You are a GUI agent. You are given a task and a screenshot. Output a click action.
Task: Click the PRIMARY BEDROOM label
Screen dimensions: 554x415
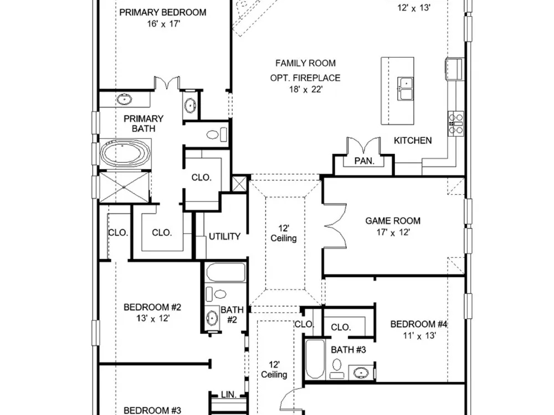coord(163,12)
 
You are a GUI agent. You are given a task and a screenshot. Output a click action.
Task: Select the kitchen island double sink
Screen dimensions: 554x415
coord(406,89)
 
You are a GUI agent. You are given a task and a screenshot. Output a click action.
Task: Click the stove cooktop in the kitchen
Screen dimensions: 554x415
coord(456,123)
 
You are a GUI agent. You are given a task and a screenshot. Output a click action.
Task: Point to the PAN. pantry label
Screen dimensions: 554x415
coord(365,161)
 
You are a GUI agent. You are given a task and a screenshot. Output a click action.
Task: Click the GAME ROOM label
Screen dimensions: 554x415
coord(393,221)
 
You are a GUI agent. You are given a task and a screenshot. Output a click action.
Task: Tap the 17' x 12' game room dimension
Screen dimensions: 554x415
coord(393,232)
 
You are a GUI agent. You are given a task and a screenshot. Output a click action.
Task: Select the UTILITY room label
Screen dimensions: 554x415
coord(225,236)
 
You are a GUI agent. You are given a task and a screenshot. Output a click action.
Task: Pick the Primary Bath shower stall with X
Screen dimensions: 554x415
coord(125,187)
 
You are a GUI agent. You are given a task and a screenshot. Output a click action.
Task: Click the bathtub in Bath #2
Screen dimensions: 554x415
coord(225,272)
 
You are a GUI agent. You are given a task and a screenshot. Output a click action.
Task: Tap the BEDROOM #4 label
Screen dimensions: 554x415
coord(419,324)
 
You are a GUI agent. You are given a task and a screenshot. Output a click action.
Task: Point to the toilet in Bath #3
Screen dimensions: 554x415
coord(337,369)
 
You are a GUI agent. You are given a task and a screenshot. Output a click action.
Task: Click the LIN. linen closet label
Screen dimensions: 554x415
coord(229,395)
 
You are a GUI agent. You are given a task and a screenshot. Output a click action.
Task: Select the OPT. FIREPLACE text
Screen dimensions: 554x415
coord(305,78)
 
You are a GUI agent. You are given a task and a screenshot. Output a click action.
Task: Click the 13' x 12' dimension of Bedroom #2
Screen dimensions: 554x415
coord(153,318)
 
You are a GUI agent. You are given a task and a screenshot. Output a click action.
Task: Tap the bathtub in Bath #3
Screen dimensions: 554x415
coord(315,359)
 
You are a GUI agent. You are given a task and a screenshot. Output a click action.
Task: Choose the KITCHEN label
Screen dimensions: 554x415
coord(413,141)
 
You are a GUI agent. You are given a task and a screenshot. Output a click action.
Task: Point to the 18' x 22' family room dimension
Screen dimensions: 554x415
coord(306,89)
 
